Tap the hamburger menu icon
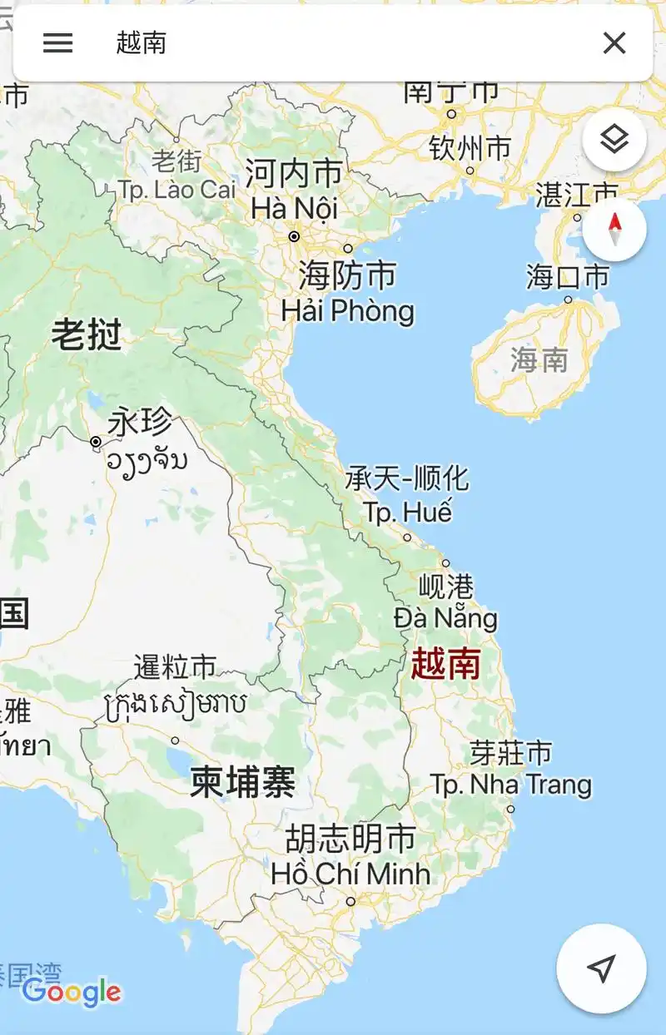point(57,43)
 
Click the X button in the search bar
point(614,43)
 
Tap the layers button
point(614,140)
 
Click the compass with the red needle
point(614,230)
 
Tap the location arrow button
point(601,967)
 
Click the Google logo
point(72,992)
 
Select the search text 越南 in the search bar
point(142,43)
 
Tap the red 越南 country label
point(445,664)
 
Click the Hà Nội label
point(295,208)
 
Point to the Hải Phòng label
point(347,311)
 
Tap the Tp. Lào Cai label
point(177,190)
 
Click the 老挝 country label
point(87,335)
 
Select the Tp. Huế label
point(408,512)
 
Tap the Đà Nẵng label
point(445,618)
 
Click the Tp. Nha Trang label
point(510,784)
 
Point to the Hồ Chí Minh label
point(350,874)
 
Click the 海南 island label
point(539,360)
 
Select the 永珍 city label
point(140,423)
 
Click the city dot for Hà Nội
point(294,237)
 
